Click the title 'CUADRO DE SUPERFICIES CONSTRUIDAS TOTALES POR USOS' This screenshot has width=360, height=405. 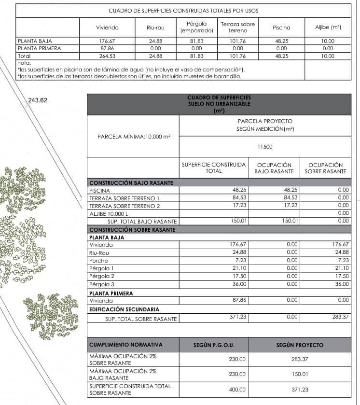[183, 10]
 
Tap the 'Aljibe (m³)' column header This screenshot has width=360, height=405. [328, 28]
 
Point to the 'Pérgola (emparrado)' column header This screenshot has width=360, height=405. [196, 27]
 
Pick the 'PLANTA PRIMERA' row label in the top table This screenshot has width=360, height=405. [35, 48]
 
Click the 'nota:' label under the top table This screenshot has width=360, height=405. [24, 63]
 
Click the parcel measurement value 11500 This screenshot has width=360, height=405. [265, 146]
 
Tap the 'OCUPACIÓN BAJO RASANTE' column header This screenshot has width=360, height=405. [274, 168]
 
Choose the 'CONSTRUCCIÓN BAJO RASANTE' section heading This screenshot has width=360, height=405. [131, 183]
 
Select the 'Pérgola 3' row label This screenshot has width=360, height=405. [102, 284]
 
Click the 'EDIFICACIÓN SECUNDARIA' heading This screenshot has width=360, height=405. [124, 309]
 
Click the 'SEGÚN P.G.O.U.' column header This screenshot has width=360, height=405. [214, 345]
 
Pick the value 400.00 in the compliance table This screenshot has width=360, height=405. [237, 390]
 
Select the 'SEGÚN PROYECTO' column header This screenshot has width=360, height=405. [300, 345]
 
